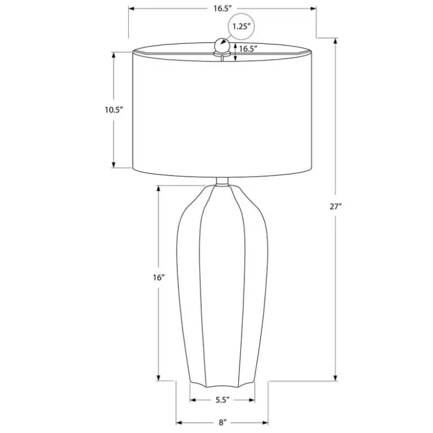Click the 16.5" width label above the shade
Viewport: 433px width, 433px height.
(222, 9)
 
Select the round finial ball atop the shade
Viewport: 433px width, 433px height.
(222, 46)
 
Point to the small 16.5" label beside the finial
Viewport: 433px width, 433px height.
(248, 49)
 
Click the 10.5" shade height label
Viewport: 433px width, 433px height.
(114, 110)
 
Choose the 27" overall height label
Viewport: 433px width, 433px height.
(335, 207)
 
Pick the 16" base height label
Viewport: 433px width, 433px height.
(159, 277)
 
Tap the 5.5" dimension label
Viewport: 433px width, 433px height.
(222, 400)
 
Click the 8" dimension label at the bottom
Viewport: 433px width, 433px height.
(222, 422)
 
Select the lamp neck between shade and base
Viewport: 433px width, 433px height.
(222, 181)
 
